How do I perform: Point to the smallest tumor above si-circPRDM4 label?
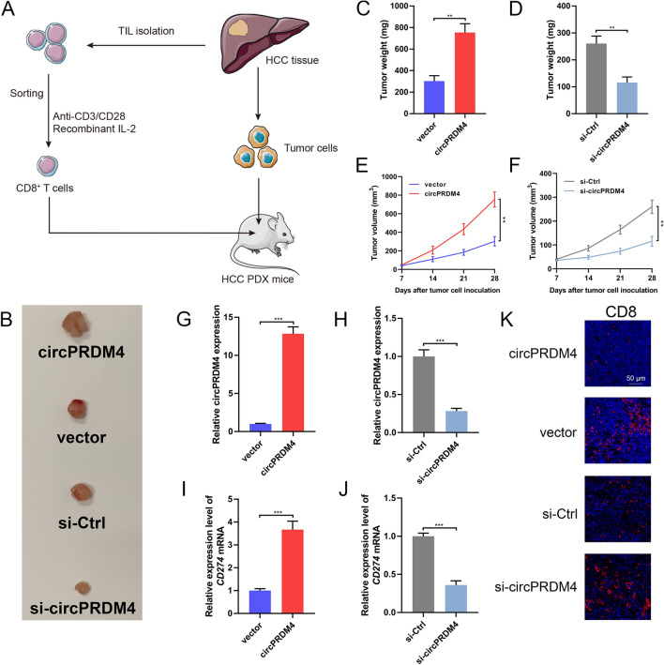tap(82, 587)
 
